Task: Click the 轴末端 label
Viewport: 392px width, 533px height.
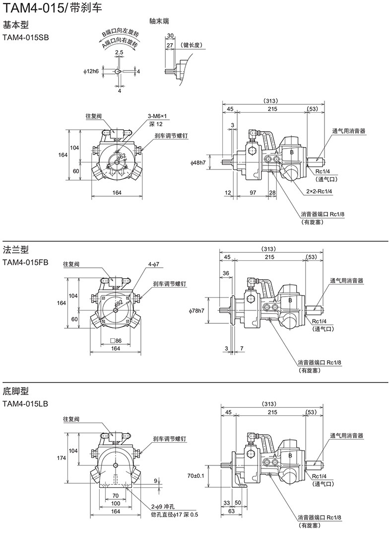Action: click(160, 21)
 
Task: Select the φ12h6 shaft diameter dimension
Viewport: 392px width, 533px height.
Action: click(92, 72)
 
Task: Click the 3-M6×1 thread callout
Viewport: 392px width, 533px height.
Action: click(157, 116)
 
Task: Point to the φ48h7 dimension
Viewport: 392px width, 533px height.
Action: click(199, 162)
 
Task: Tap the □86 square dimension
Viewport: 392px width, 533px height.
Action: click(115, 341)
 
